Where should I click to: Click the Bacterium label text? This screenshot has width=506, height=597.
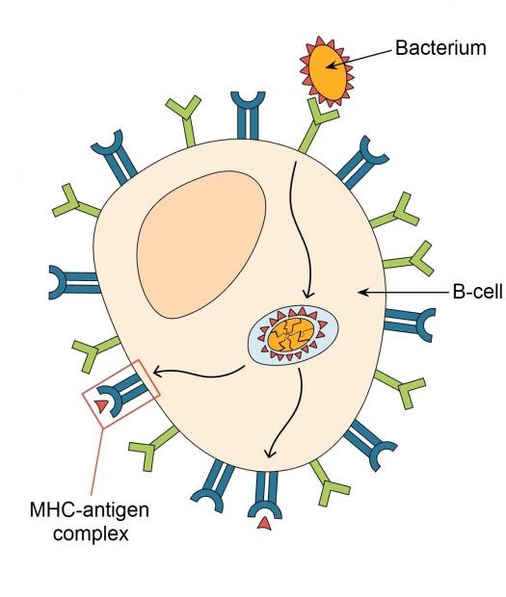coord(440,48)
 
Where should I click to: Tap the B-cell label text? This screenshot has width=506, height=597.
coord(478,292)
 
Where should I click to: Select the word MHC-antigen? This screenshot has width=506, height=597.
coord(90,509)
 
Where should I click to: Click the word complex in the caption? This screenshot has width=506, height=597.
coord(91,533)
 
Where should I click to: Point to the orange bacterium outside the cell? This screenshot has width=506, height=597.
coord(328,71)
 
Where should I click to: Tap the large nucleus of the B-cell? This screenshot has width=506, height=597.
coord(201,244)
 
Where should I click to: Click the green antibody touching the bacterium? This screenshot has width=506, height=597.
coord(317,125)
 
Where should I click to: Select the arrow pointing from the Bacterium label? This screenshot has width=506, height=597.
coord(360,58)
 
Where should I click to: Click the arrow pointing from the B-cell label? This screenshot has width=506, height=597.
coord(404,293)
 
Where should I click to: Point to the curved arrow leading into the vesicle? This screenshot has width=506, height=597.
coord(300,228)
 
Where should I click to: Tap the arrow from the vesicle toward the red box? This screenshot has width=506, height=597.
coord(199,375)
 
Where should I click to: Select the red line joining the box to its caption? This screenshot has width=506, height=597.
coord(96,461)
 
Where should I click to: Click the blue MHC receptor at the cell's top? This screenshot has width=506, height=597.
coord(248,115)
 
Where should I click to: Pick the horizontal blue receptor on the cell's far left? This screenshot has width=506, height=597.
coord(74,282)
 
